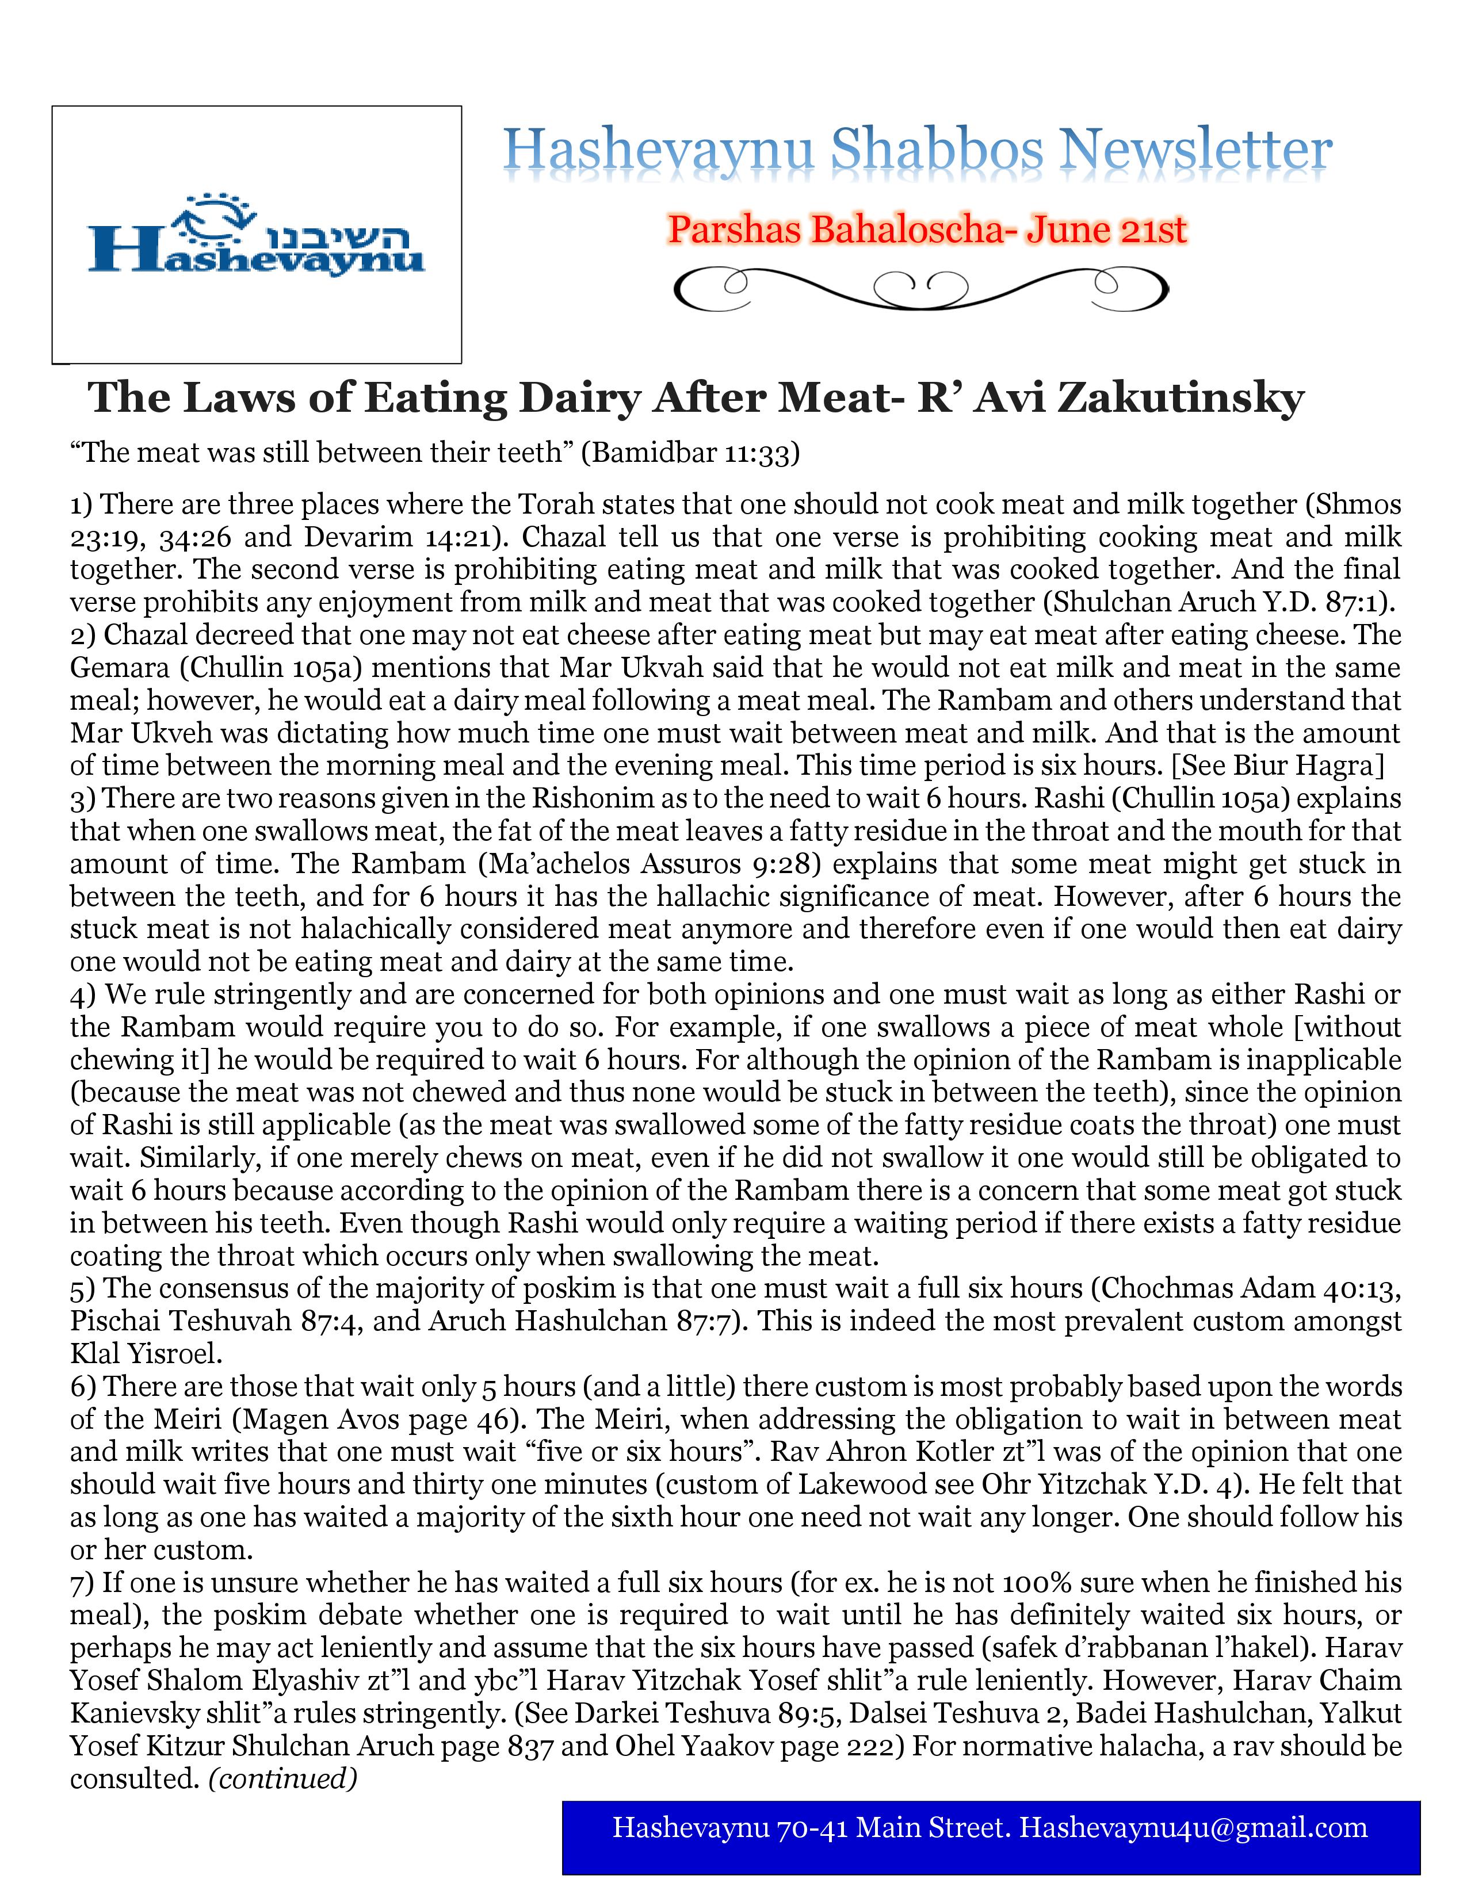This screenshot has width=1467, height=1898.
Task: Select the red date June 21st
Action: click(x=1106, y=229)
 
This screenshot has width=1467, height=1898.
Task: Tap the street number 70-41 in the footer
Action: click(x=812, y=1828)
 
